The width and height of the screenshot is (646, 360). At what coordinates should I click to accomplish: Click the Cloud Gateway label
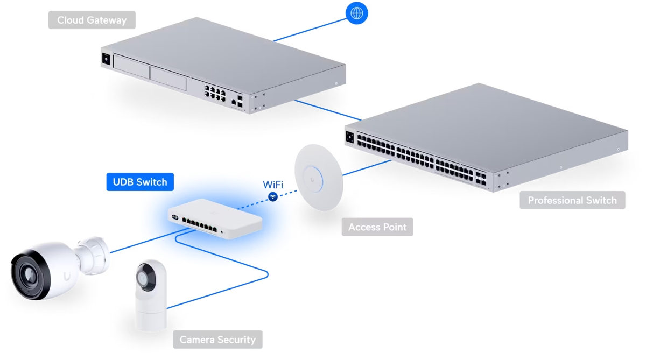click(92, 20)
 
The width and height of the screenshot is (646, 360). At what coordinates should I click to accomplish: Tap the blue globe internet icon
click(357, 13)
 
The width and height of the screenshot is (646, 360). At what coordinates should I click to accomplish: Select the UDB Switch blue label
click(140, 182)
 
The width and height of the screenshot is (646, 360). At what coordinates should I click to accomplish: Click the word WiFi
click(273, 185)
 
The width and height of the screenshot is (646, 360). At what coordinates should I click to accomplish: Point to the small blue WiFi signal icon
click(273, 197)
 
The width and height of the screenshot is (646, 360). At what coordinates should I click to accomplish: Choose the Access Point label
click(377, 227)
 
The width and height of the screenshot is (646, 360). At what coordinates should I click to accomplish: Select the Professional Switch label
click(572, 200)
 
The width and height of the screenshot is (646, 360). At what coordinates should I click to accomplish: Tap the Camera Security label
click(217, 340)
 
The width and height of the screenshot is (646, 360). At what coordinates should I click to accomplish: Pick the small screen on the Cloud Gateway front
click(106, 59)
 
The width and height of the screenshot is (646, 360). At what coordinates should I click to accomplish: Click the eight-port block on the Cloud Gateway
click(214, 92)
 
